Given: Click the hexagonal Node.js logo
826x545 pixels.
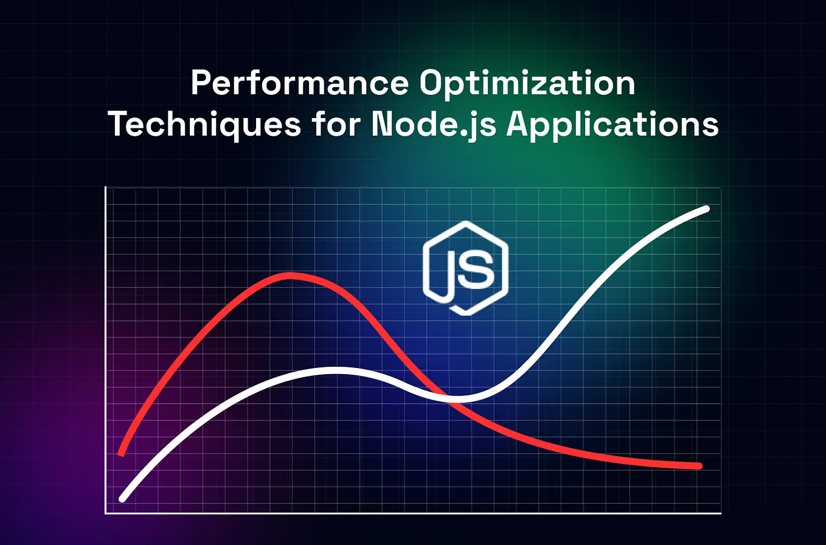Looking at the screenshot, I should coord(466,268).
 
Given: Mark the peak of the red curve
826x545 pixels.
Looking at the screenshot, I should coord(291,276).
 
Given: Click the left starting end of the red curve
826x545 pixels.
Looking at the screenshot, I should coord(122,453).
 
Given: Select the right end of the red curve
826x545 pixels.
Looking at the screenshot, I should coord(699,466).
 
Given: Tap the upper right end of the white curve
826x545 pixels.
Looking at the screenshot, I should coord(707,209).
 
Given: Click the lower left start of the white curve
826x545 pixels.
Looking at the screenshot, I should coord(123,499).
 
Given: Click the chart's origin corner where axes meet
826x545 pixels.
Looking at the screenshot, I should coord(106,513).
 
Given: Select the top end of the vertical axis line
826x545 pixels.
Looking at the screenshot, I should coord(106,187).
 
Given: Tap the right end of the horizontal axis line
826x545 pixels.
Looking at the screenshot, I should coord(721,513).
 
